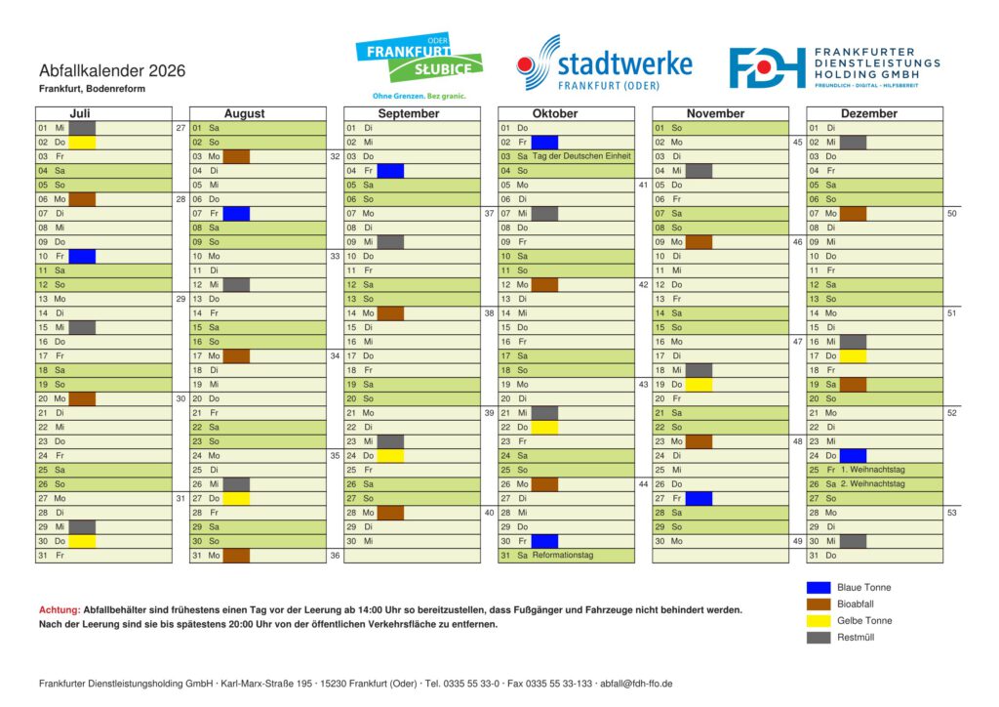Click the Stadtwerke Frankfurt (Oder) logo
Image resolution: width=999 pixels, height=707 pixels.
605,64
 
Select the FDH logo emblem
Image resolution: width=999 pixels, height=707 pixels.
767,67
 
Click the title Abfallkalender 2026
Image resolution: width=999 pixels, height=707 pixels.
112,71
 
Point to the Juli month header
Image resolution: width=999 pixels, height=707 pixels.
80,113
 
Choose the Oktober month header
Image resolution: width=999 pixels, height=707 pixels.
555,113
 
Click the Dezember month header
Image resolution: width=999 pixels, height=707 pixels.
868,113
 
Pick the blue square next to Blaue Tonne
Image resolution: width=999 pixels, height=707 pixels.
819,588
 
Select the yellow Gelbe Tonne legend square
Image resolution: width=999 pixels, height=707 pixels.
819,621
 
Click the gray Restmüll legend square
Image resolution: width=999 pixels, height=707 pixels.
819,638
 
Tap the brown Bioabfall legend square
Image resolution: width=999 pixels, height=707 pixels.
819,604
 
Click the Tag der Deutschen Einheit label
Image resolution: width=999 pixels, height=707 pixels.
581,156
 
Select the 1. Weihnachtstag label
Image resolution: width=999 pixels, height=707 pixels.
872,470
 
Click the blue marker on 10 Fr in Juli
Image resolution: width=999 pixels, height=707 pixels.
82,256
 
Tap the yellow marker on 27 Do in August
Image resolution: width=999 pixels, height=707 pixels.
236,498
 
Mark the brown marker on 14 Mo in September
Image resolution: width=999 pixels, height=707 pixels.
390,313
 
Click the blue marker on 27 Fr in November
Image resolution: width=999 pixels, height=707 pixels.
699,498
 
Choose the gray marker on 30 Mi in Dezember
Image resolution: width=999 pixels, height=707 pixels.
853,541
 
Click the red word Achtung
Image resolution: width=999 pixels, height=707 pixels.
59,609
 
